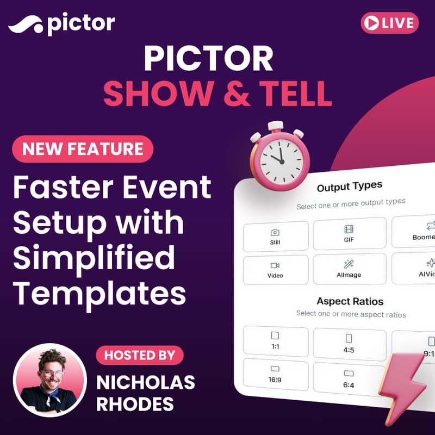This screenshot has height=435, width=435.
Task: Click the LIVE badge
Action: tap(389, 23)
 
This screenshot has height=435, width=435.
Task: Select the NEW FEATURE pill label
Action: tap(83, 149)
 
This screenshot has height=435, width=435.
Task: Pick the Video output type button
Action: tap(275, 270)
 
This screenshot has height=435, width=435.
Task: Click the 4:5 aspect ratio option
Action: tap(349, 344)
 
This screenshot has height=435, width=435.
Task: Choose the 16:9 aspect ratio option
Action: tap(275, 374)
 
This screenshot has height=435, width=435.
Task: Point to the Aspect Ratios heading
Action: tap(350, 301)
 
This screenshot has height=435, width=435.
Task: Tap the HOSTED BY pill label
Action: tap(140, 355)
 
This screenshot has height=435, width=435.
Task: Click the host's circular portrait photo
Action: tap(50, 380)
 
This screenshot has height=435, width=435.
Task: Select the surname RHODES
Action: tap(135, 404)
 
